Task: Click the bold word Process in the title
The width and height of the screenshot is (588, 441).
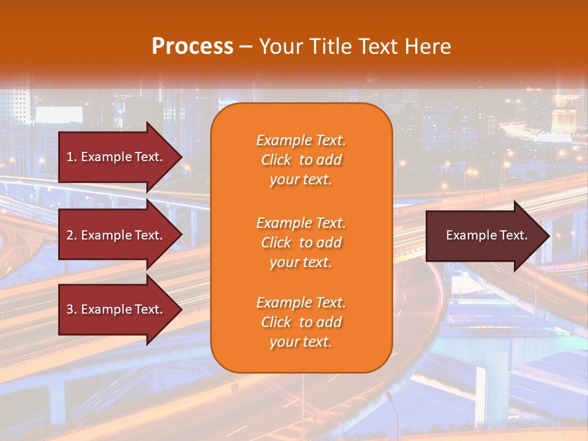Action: pyautogui.click(x=192, y=47)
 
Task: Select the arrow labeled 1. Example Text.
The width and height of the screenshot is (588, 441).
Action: pyautogui.click(x=116, y=157)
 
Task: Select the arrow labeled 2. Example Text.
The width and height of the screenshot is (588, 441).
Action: pyautogui.click(x=116, y=235)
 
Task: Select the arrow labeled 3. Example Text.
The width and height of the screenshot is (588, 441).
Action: pyautogui.click(x=116, y=309)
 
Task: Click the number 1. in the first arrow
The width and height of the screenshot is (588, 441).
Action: pyautogui.click(x=72, y=157)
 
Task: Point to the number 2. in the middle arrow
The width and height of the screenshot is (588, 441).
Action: pyautogui.click(x=72, y=235)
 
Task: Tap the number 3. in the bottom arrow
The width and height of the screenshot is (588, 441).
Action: pyautogui.click(x=72, y=309)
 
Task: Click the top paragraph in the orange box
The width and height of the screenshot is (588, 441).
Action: pyautogui.click(x=301, y=160)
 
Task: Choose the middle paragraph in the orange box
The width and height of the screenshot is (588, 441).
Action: pyautogui.click(x=301, y=243)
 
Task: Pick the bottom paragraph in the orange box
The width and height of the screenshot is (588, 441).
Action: pyautogui.click(x=301, y=322)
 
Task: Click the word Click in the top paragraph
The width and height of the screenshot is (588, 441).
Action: pyautogui.click(x=276, y=160)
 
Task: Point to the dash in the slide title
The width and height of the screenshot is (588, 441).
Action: pyautogui.click(x=246, y=47)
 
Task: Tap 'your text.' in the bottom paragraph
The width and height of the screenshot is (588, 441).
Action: pyautogui.click(x=301, y=342)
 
